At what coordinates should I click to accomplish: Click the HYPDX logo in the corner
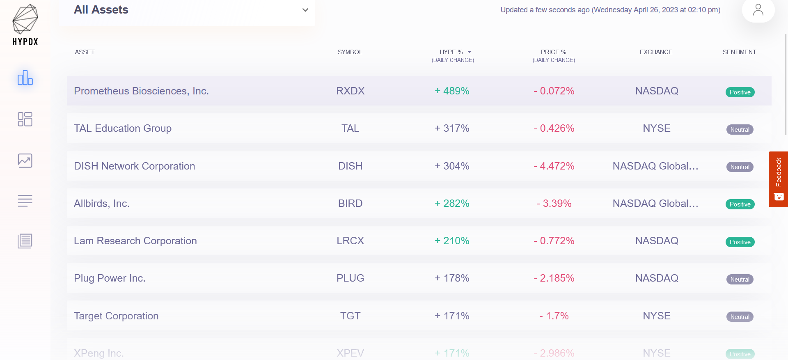point(25,25)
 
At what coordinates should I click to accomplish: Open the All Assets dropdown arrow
point(305,10)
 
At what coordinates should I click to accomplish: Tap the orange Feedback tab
point(778,179)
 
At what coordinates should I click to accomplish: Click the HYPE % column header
point(451,52)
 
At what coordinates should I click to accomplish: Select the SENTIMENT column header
point(739,52)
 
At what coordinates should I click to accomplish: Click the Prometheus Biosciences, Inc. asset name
point(141,91)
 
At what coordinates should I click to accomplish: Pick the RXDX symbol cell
point(350,91)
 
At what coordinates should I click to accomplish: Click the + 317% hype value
point(452,128)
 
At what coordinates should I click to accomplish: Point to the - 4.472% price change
point(554,166)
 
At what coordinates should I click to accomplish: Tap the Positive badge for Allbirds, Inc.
point(740,204)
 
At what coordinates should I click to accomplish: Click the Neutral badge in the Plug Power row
point(740,280)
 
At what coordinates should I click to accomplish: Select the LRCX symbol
point(350,241)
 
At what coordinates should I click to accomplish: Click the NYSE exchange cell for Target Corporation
point(656,316)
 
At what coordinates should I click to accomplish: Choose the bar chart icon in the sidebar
point(25,78)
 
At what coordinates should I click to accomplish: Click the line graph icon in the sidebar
point(25,161)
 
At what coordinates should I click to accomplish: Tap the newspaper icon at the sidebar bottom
point(25,241)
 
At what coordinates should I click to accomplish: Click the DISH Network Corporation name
point(134,166)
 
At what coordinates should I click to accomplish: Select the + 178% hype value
point(452,278)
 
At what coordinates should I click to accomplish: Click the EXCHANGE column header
point(656,52)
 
